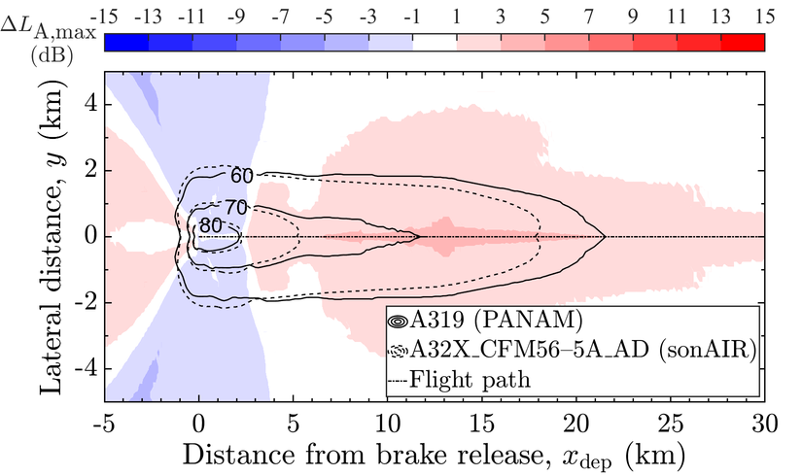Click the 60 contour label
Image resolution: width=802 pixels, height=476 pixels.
(241, 176)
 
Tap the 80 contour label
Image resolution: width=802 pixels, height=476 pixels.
(209, 226)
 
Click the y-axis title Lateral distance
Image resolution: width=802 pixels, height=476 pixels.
(49, 236)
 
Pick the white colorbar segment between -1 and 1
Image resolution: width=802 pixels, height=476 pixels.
(434, 41)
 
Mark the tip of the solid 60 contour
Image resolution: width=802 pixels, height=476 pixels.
(605, 236)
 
